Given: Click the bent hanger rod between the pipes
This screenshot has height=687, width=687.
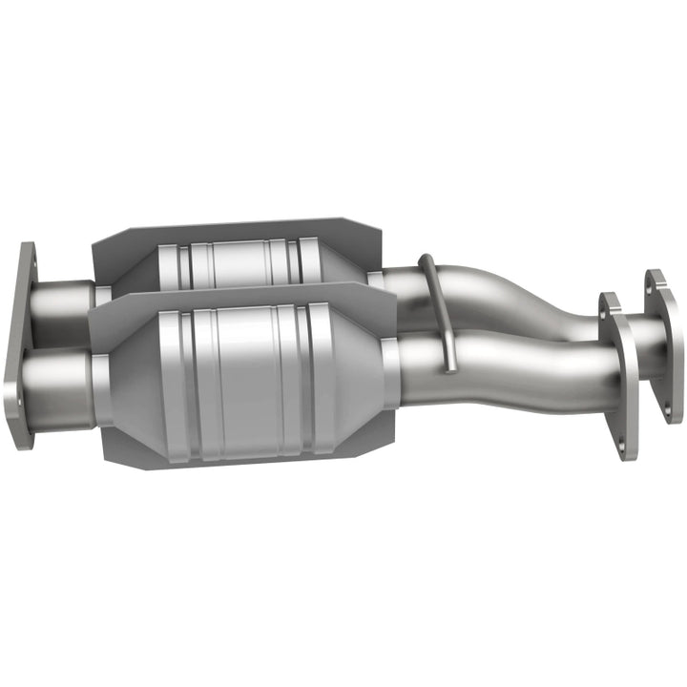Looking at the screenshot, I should (438, 296).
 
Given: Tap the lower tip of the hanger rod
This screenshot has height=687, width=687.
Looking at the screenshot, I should (446, 365).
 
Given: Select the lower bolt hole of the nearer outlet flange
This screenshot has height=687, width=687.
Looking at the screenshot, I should (630, 444).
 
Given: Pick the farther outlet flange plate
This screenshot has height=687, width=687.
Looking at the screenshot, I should (663, 343).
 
